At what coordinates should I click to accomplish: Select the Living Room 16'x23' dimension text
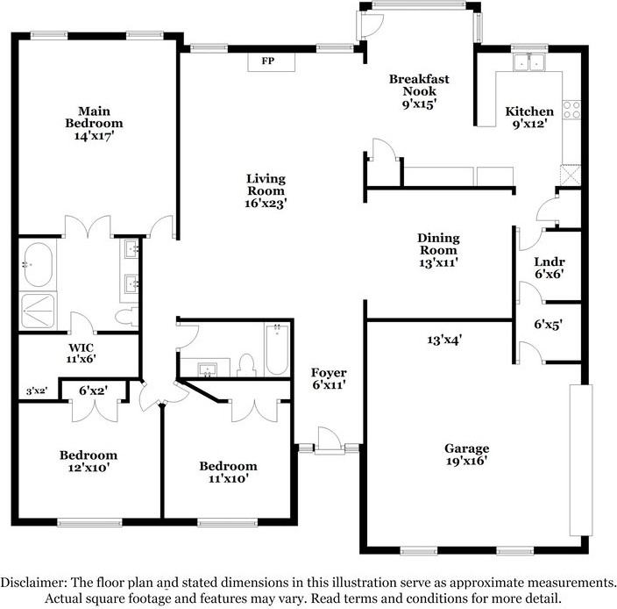click(266, 202)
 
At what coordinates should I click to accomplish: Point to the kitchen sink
click(529, 62)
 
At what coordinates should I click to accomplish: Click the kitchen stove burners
click(571, 109)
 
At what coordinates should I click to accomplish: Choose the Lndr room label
click(549, 262)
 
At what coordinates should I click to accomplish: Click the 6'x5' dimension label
click(548, 324)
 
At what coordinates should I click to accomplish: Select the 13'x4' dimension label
click(444, 340)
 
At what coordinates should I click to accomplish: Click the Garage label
click(466, 448)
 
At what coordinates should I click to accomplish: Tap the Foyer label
click(329, 373)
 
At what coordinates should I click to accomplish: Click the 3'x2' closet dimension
click(35, 391)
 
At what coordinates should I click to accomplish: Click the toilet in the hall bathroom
click(246, 363)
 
